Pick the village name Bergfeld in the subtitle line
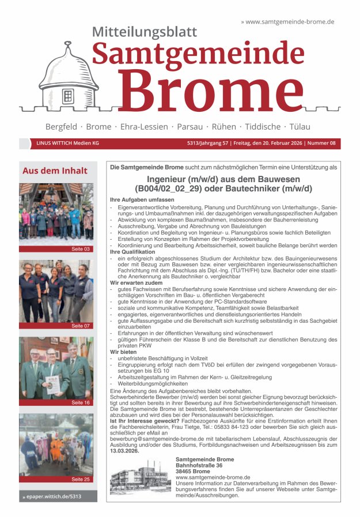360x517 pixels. [x=63, y=126]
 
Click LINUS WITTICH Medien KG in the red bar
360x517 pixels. [x=68, y=143]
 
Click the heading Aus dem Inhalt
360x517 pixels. [x=55, y=171]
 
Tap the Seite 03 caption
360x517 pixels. [x=81, y=249]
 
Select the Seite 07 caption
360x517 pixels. [x=81, y=326]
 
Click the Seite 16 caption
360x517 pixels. [x=81, y=402]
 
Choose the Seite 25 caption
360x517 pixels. [x=81, y=479]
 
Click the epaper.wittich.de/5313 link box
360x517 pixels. [x=58, y=496]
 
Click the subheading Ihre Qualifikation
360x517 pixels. [x=132, y=252]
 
